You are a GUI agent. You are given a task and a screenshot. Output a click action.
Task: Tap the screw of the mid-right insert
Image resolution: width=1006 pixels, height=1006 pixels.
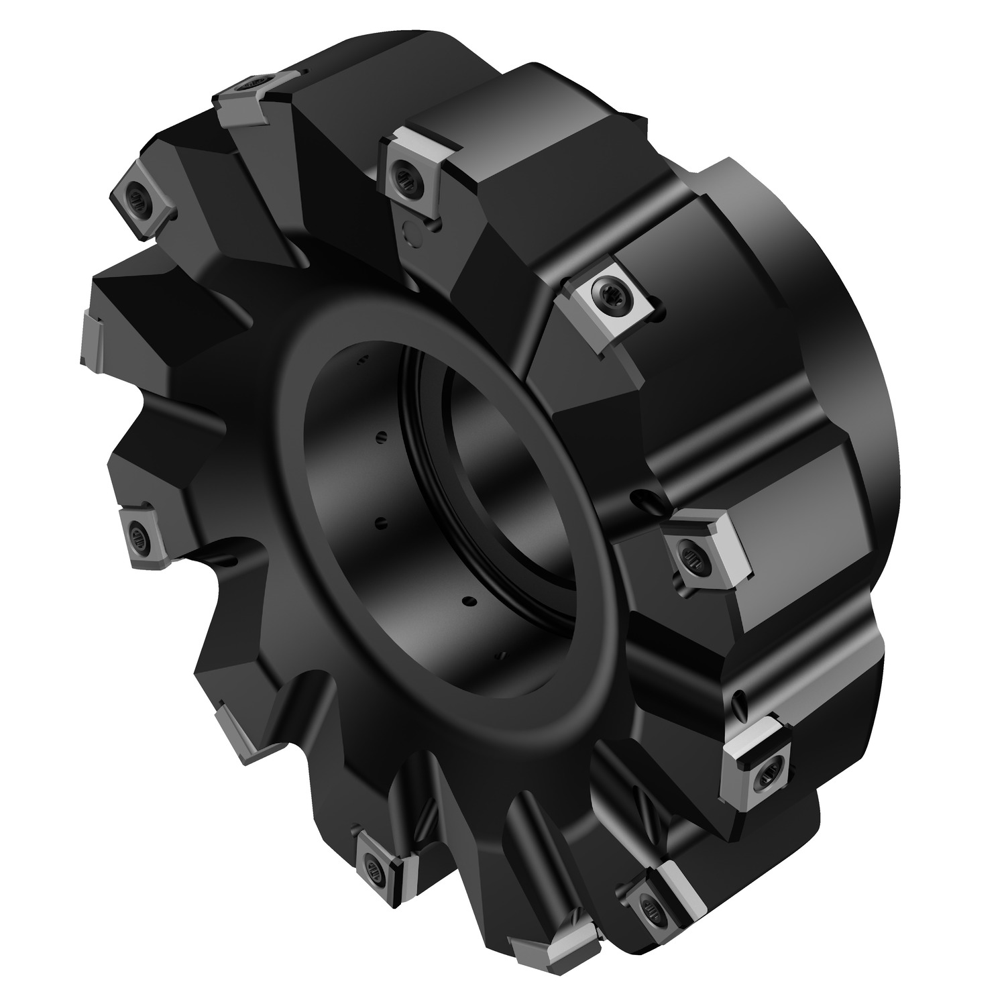(x=691, y=555)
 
